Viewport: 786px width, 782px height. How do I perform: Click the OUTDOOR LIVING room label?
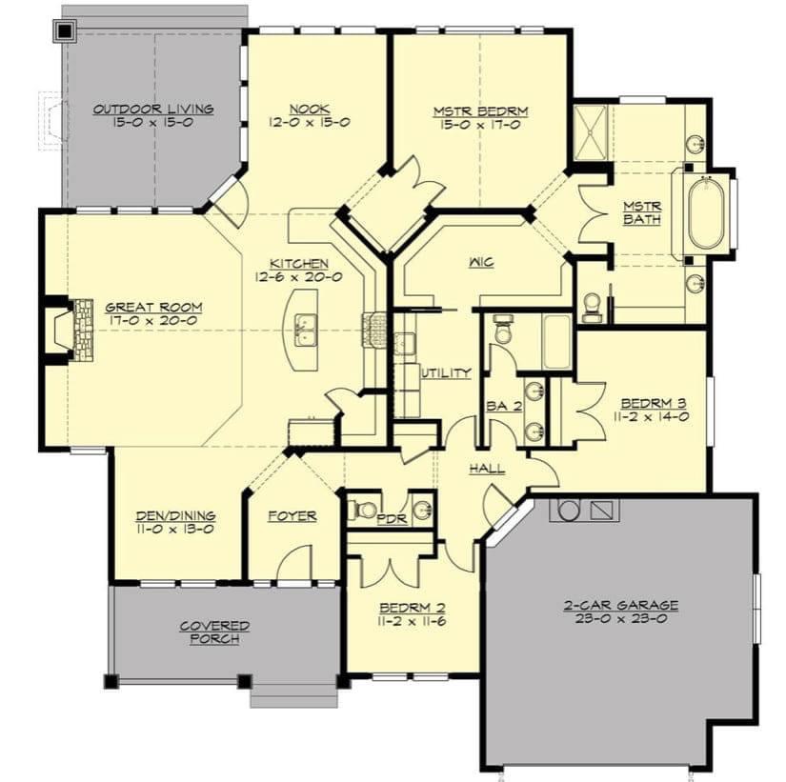click(153, 110)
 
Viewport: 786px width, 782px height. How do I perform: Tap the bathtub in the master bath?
click(706, 212)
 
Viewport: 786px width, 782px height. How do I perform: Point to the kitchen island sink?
click(305, 330)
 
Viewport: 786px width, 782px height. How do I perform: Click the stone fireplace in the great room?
click(83, 330)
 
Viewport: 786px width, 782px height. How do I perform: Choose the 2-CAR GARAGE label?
click(621, 605)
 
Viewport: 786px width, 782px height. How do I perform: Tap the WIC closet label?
click(482, 262)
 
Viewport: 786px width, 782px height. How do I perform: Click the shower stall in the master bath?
click(590, 132)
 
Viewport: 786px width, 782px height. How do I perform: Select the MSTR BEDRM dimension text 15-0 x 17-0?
click(480, 125)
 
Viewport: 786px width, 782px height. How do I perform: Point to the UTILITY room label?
click(446, 372)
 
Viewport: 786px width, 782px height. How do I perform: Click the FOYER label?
click(292, 516)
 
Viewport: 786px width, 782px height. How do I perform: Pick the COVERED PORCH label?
click(214, 632)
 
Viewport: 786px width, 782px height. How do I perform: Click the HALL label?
click(487, 469)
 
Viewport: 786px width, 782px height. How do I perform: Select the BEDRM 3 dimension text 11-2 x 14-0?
click(652, 416)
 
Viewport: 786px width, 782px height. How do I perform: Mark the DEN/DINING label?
click(176, 516)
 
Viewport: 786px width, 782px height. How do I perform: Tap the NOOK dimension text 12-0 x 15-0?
click(310, 122)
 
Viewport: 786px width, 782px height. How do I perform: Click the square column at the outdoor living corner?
click(65, 31)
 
